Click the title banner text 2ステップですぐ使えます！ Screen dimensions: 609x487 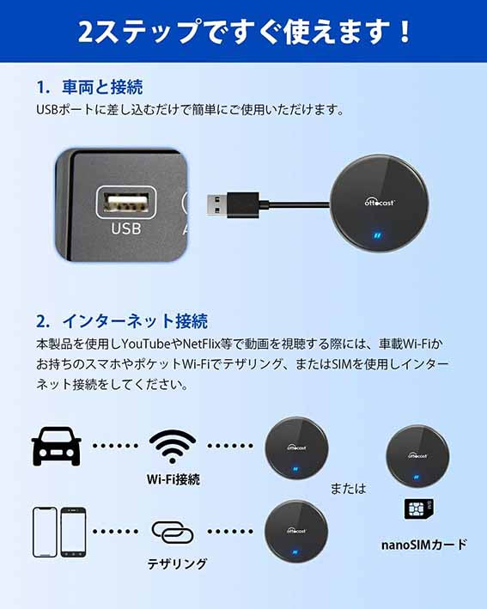pos(244,32)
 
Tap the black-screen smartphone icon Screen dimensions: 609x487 pos(73,533)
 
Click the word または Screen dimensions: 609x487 pos(349,488)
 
